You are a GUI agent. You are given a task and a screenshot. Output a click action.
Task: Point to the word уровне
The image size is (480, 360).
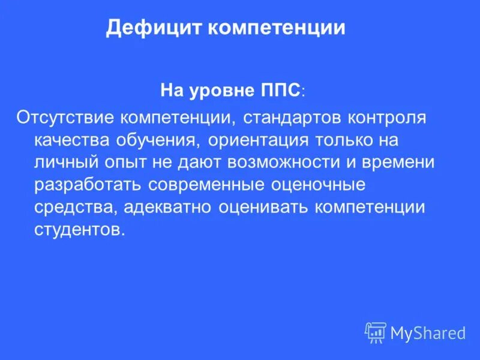tap(218, 91)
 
